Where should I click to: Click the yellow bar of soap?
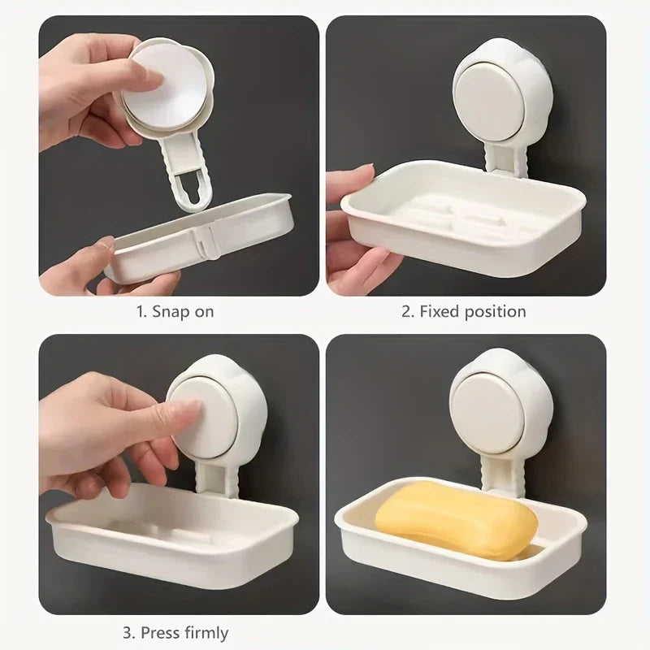tap(455, 520)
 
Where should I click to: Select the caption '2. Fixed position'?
tap(464, 311)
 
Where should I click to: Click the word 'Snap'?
tap(170, 311)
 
